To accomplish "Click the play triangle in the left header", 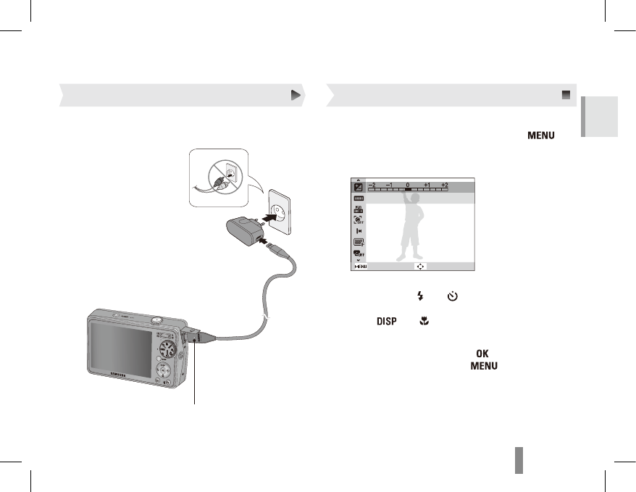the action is click(x=296, y=95).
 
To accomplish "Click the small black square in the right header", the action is click(x=566, y=95).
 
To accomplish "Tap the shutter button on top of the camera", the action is click(x=156, y=317).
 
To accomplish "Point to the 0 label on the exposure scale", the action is click(x=408, y=185).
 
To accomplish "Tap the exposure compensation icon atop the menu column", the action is click(x=357, y=188).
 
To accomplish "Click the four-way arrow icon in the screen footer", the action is click(x=421, y=267).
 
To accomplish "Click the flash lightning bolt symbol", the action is click(x=419, y=296).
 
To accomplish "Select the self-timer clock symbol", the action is click(x=453, y=296).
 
